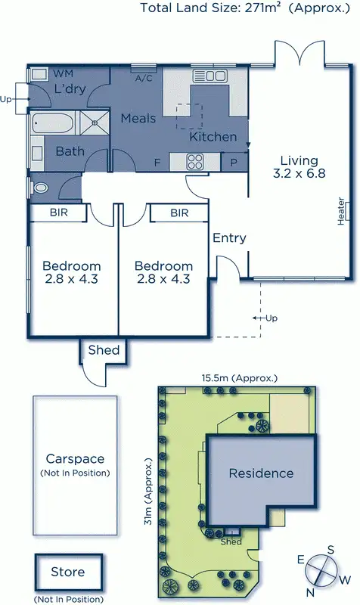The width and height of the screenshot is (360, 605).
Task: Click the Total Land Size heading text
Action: [250, 9]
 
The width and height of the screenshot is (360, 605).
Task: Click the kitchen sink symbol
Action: [209, 75]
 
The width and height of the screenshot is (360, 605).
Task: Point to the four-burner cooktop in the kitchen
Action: [195, 161]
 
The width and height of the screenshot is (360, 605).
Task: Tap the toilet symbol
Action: [39, 188]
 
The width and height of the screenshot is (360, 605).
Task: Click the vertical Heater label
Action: [342, 212]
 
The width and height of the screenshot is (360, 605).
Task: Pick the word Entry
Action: [229, 238]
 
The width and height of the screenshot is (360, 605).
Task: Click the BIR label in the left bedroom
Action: [58, 213]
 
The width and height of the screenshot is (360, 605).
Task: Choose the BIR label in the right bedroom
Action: [178, 213]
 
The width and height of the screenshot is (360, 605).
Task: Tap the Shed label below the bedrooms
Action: [104, 349]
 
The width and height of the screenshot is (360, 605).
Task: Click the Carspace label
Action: [74, 459]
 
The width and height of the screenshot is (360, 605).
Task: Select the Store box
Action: [68, 572]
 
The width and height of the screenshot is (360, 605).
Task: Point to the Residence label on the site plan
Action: [261, 473]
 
